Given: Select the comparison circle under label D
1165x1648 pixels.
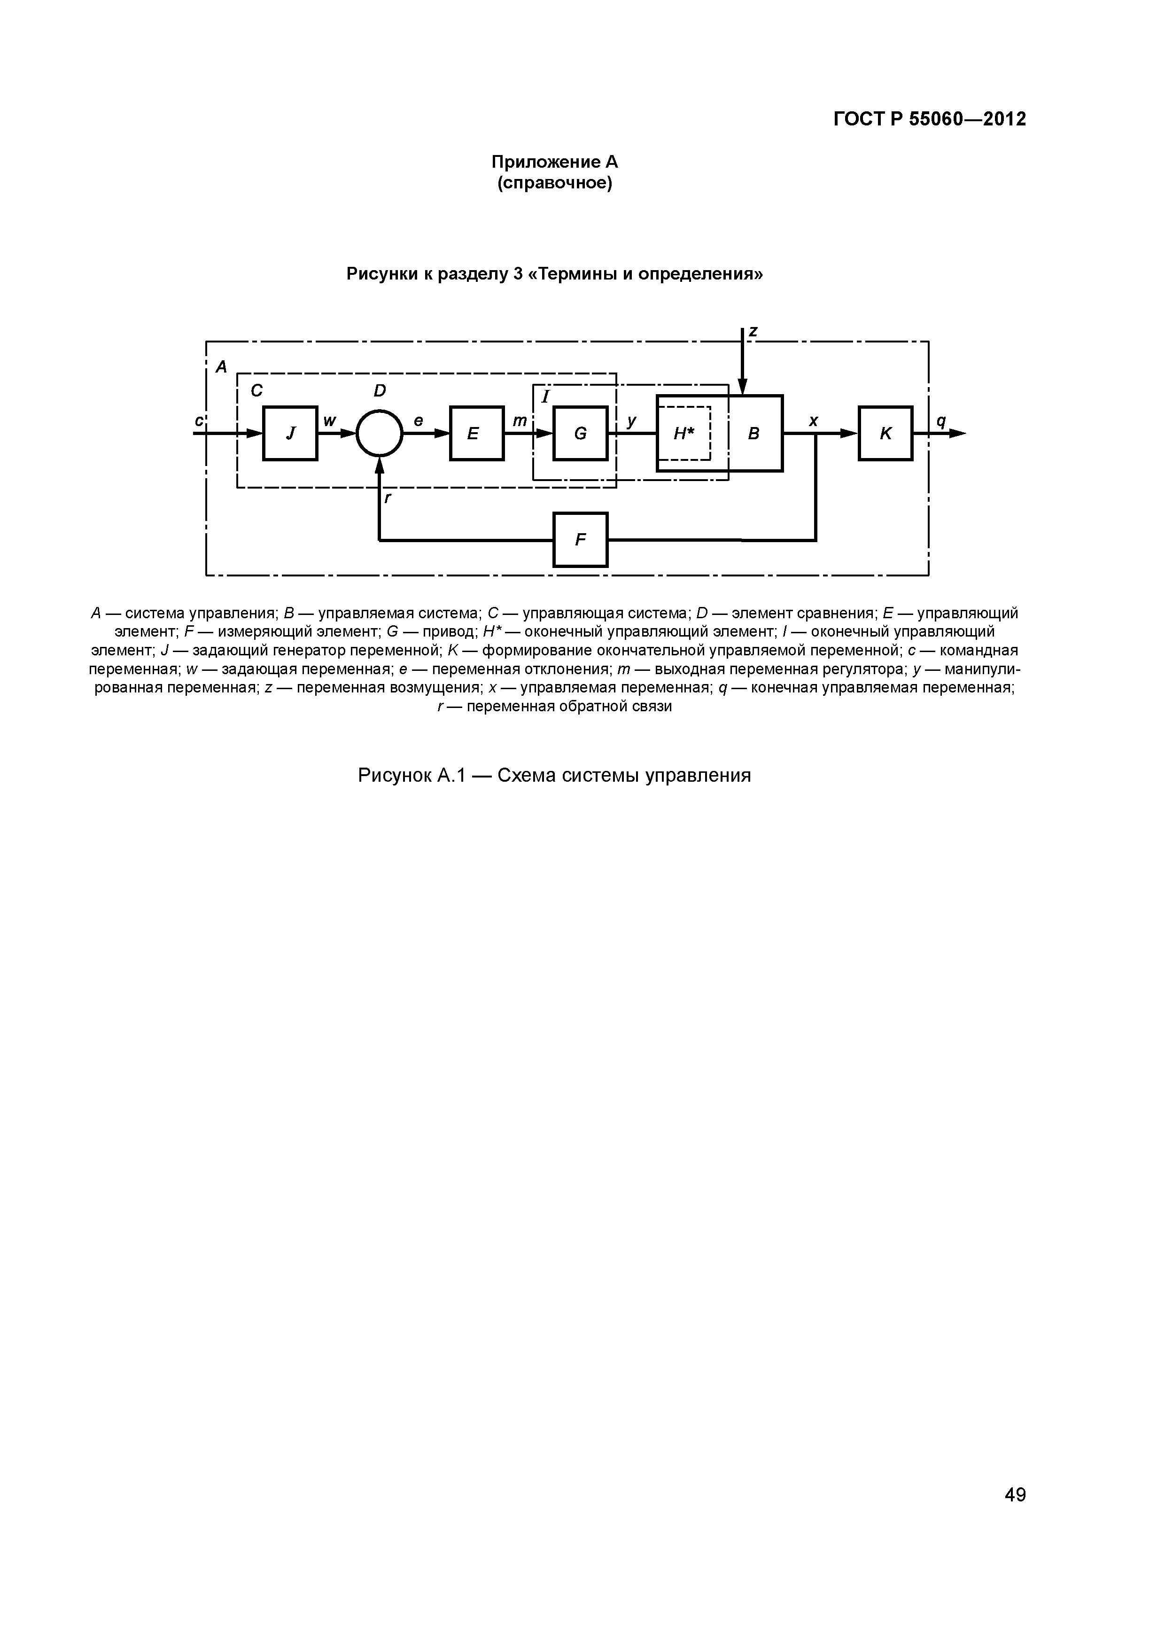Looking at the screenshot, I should tap(380, 433).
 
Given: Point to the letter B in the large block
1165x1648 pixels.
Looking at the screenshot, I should tap(753, 434).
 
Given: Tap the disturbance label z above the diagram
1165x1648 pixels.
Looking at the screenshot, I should tap(753, 331).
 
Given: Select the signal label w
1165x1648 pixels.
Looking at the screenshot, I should tap(329, 421).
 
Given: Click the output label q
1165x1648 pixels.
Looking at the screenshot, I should tap(941, 421).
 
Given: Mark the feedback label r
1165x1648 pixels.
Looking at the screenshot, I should tap(388, 498).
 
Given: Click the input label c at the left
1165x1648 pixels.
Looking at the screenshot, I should tap(198, 421).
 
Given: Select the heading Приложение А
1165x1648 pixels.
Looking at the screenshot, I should tap(554, 162).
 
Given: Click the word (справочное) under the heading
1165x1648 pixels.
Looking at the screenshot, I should tap(554, 184).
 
